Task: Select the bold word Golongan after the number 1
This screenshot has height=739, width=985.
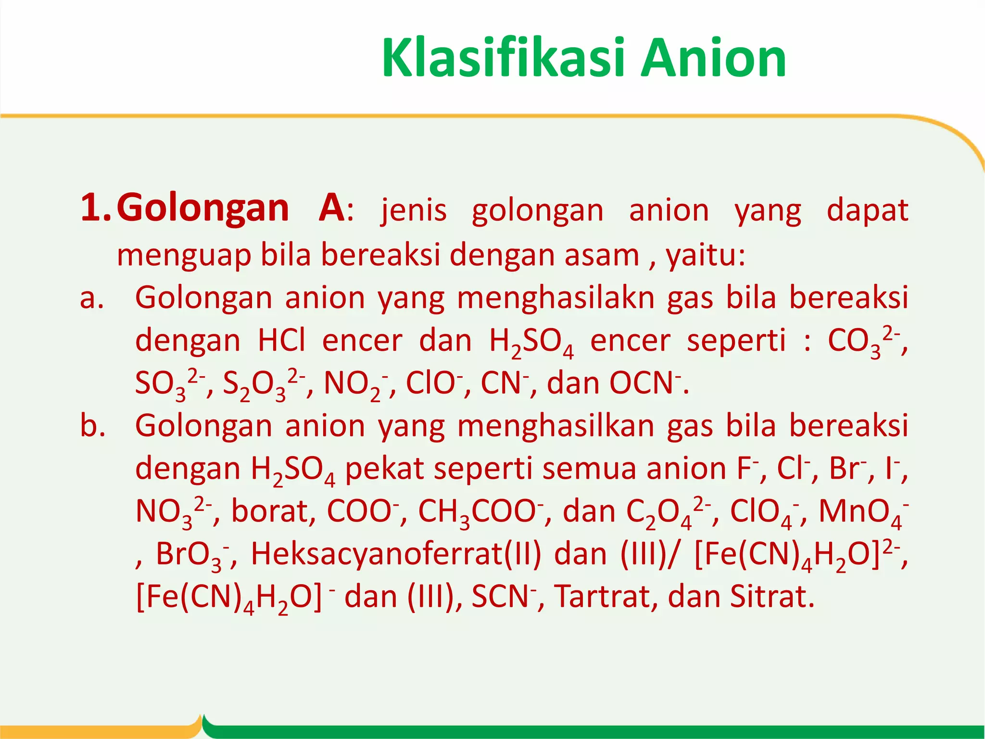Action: pyautogui.click(x=202, y=208)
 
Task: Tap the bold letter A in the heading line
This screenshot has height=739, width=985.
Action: pyautogui.click(x=331, y=208)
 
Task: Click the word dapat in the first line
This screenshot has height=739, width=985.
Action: pyautogui.click(x=867, y=210)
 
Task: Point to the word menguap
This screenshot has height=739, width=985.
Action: pyautogui.click(x=184, y=255)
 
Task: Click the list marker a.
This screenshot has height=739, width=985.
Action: pyautogui.click(x=91, y=298)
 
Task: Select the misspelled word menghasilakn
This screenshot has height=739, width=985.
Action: pyautogui.click(x=556, y=298)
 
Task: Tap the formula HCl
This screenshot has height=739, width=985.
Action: pyautogui.click(x=281, y=340)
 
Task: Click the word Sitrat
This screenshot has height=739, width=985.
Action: pyautogui.click(x=771, y=597)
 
